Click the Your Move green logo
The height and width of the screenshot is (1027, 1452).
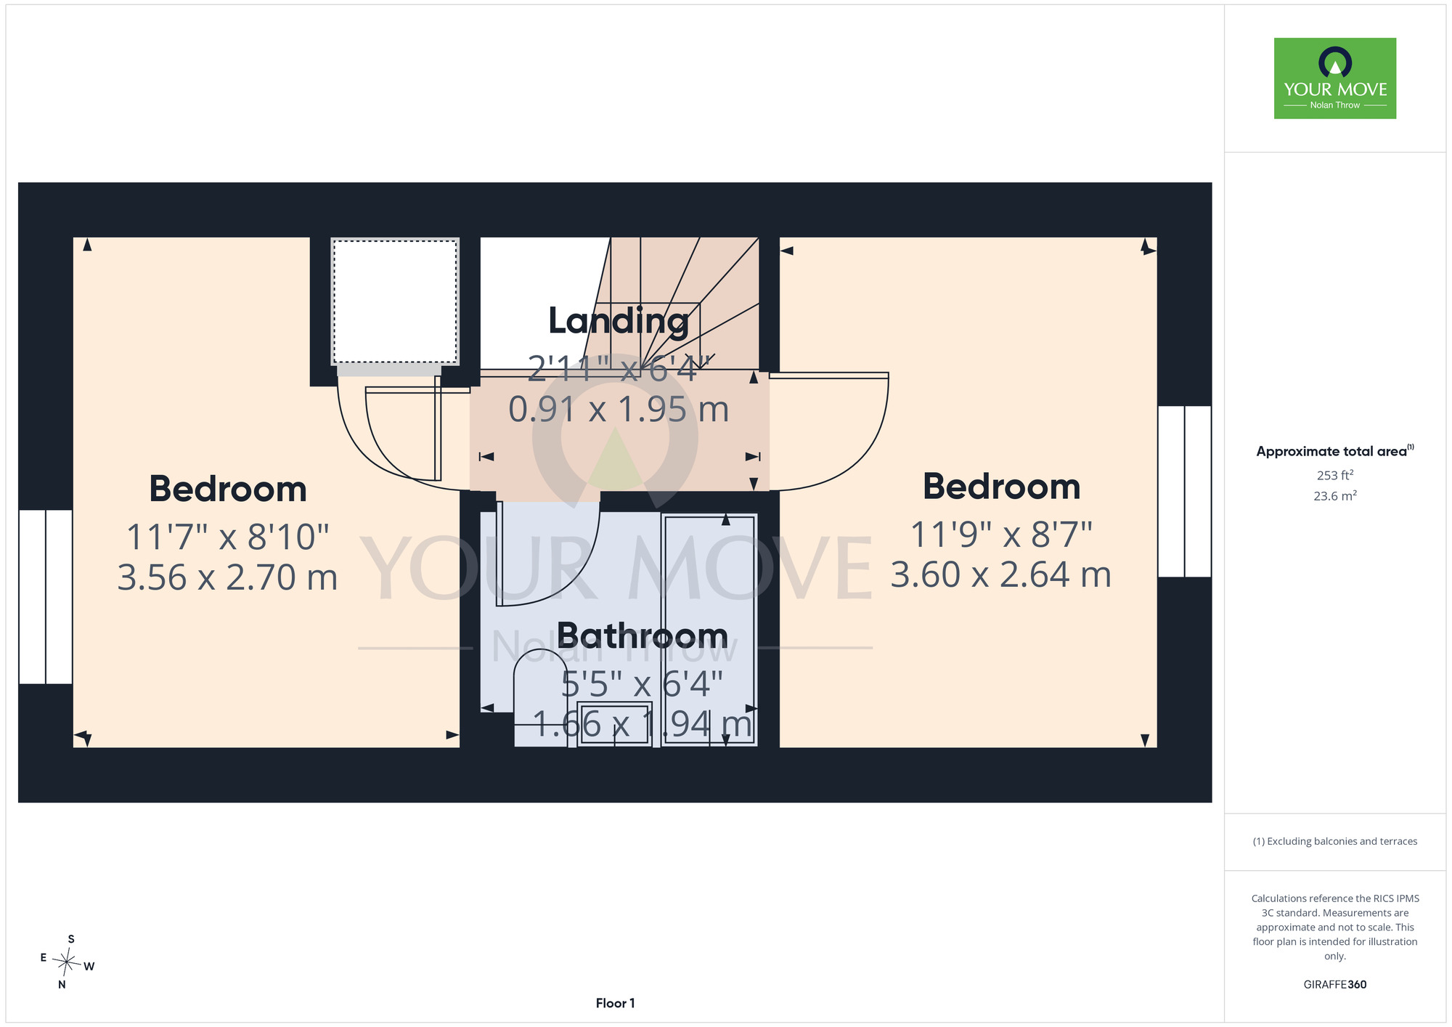[x=1334, y=78]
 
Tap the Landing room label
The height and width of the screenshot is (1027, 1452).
[x=619, y=321]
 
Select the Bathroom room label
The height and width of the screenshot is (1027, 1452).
[x=643, y=636]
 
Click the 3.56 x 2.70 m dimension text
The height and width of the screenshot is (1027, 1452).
[x=228, y=577]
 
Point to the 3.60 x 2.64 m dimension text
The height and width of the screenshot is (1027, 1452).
[x=1001, y=575]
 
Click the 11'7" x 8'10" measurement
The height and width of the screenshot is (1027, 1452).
[x=228, y=537]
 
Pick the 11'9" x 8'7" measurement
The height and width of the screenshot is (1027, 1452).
[x=1001, y=535]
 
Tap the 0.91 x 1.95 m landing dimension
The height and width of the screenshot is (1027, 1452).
[x=619, y=410]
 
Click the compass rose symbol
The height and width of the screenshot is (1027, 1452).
[x=67, y=963]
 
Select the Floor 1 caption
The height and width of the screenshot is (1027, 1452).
[x=615, y=1003]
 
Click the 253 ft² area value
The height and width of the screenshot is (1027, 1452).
[x=1335, y=475]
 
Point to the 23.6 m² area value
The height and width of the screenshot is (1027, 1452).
[x=1335, y=496]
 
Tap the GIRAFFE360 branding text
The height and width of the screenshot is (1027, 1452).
[x=1335, y=985]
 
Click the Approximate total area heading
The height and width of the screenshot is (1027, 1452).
[x=1335, y=451]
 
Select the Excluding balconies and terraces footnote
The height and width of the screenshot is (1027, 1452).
[x=1335, y=841]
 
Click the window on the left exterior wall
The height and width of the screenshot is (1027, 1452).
[x=46, y=597]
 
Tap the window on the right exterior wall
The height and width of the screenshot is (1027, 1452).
[x=1184, y=492]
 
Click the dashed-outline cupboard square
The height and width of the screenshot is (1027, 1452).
[x=395, y=301]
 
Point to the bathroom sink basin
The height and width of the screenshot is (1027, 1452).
[x=614, y=723]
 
